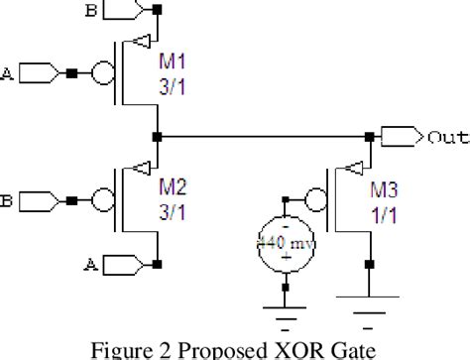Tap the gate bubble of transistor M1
(x=101, y=74)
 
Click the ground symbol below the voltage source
(x=286, y=315)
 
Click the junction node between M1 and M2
(x=157, y=136)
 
